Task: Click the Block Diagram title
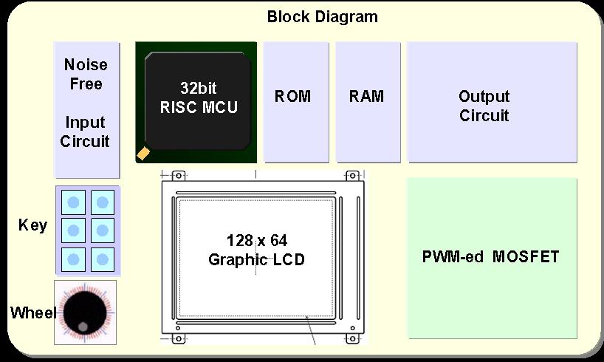(x=323, y=17)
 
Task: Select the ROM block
(x=296, y=102)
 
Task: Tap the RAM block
(x=368, y=102)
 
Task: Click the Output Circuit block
(x=492, y=102)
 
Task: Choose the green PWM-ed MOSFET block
(x=492, y=259)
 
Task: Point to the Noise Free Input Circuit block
(x=87, y=110)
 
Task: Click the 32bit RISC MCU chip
(x=196, y=102)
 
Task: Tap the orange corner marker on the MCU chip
(x=143, y=153)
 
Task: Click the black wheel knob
(x=85, y=313)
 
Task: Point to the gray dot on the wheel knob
(x=83, y=327)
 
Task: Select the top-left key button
(x=73, y=202)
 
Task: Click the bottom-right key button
(x=103, y=259)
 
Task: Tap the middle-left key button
(x=73, y=230)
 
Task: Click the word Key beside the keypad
(x=32, y=225)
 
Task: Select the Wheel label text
(x=33, y=313)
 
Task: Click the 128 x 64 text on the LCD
(x=257, y=241)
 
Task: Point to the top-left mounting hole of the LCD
(x=179, y=176)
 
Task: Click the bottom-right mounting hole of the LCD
(x=352, y=339)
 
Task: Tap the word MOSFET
(x=526, y=257)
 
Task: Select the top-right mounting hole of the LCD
(x=352, y=176)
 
